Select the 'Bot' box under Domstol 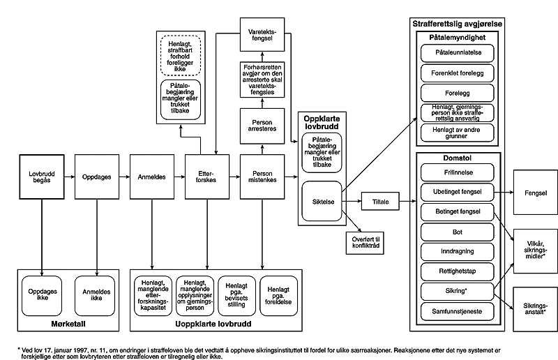click(x=458, y=230)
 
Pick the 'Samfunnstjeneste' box click(x=458, y=310)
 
